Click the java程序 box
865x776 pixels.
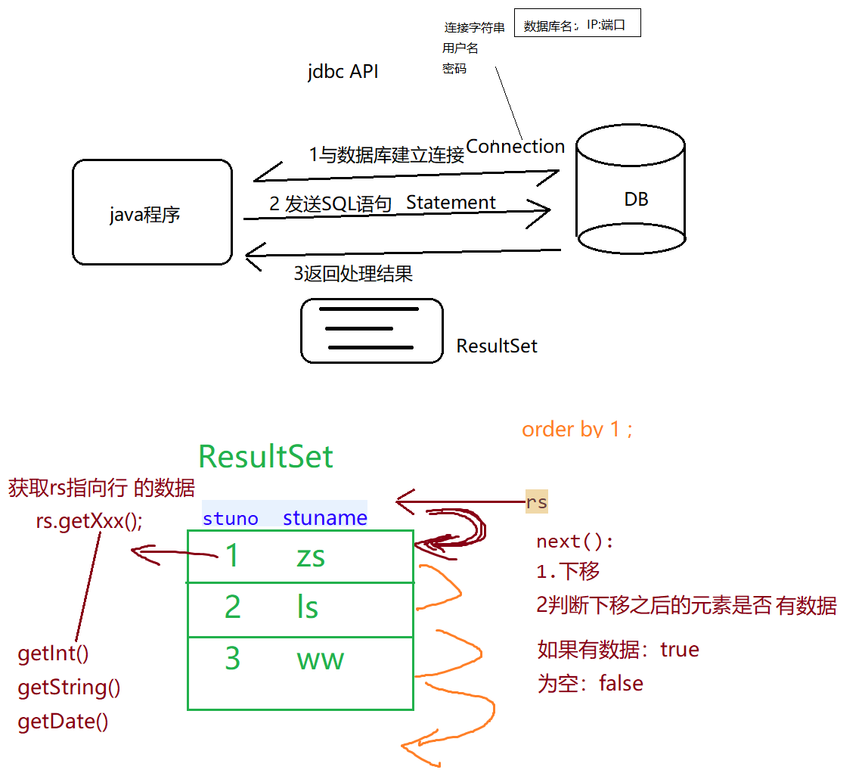(x=152, y=213)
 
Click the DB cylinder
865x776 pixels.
(x=631, y=194)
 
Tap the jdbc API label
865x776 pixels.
(x=343, y=72)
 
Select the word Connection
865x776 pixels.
(x=516, y=146)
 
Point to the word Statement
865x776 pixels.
(x=451, y=203)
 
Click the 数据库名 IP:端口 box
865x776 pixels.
(x=578, y=23)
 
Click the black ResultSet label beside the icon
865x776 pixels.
(x=497, y=346)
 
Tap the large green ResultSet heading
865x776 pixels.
(x=265, y=457)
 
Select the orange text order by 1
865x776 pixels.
(x=577, y=430)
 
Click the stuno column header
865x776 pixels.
(x=230, y=519)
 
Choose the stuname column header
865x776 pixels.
(x=324, y=519)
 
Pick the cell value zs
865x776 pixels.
(x=310, y=557)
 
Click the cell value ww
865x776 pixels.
(x=320, y=660)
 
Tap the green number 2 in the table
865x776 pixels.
(x=232, y=607)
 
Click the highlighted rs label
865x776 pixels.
(x=537, y=501)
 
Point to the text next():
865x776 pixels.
(x=575, y=542)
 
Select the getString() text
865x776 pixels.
(x=69, y=688)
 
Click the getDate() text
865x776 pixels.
(x=63, y=722)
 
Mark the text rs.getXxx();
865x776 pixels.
(x=89, y=522)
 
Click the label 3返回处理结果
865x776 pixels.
(x=353, y=274)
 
